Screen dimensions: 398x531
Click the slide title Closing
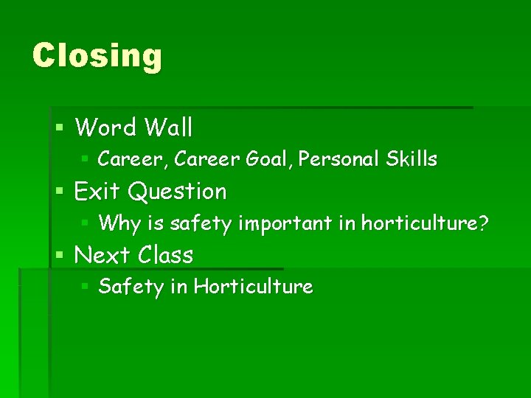[97, 57]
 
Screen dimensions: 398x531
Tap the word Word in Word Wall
[105, 128]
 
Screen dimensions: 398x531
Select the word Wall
[169, 128]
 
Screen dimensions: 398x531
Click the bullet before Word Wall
[60, 128]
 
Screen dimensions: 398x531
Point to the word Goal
[266, 159]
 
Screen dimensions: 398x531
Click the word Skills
[411, 159]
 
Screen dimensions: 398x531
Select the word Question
[177, 192]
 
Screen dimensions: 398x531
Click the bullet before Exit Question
[60, 192]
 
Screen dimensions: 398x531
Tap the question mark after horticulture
[483, 223]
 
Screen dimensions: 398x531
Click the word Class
[164, 256]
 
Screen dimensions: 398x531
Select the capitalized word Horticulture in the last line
[253, 287]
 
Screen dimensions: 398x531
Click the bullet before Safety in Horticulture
[85, 286]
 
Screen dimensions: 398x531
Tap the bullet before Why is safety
[85, 222]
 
